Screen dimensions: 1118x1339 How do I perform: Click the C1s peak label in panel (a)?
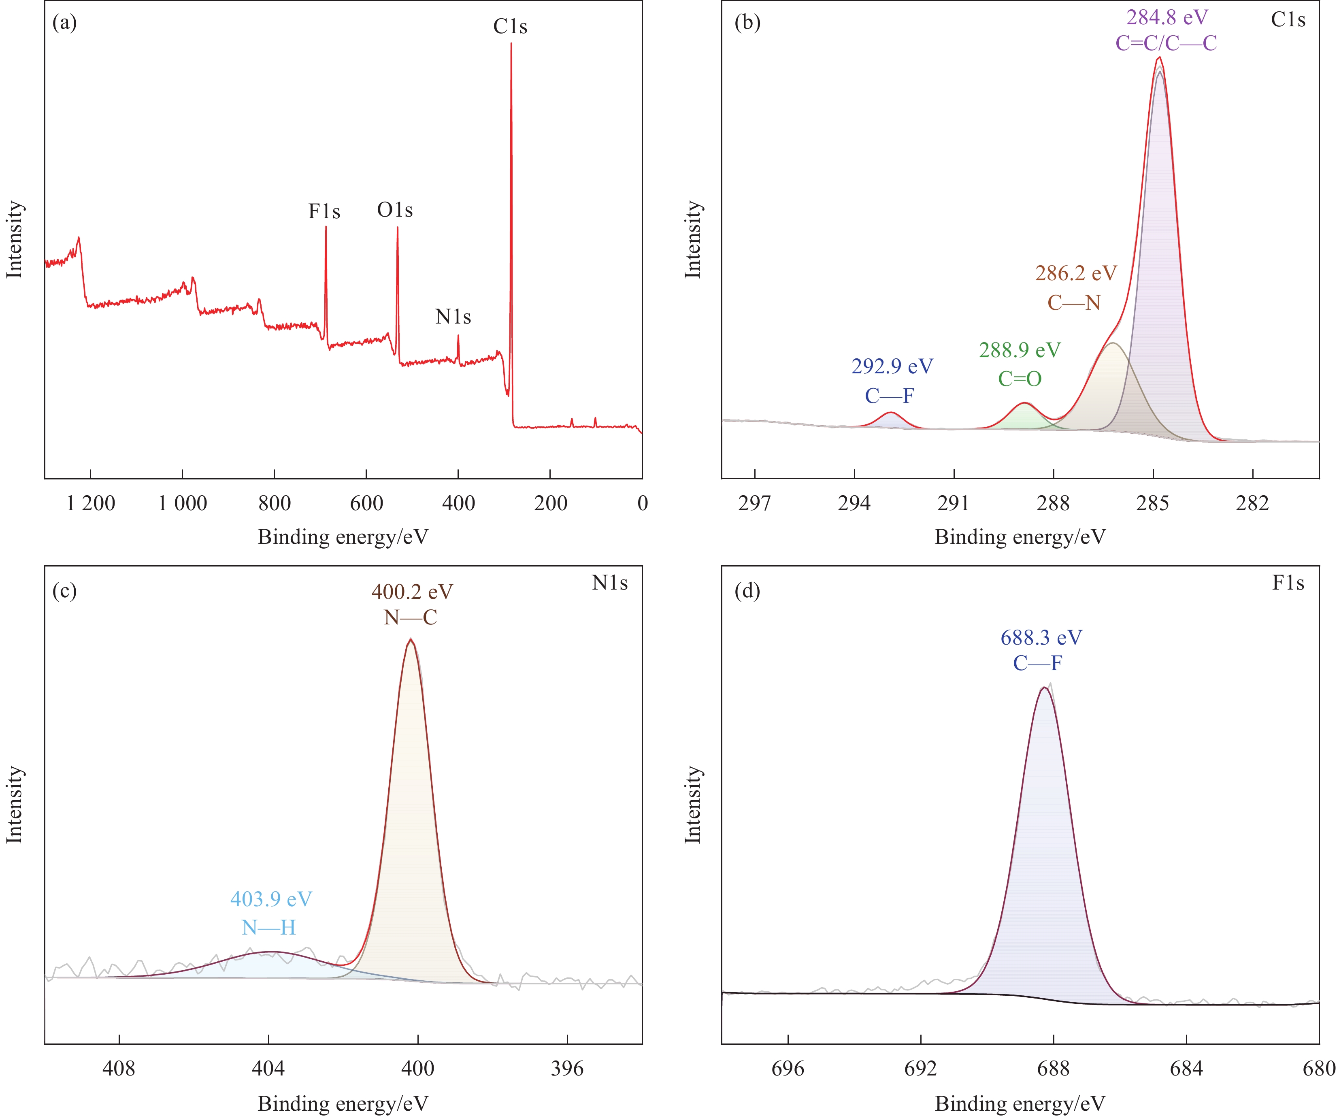coord(510,27)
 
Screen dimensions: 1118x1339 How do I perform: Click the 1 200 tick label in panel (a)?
coord(91,504)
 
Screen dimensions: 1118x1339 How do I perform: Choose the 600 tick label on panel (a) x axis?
coord(366,504)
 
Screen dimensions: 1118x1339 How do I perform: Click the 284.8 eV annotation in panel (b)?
coord(1167,17)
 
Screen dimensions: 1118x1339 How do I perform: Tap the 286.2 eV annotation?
coord(1076,274)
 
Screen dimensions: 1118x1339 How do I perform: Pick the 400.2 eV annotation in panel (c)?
coord(412,592)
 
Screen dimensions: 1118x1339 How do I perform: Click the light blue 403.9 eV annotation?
coord(271,899)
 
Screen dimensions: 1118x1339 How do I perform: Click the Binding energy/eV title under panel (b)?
coord(1020,537)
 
